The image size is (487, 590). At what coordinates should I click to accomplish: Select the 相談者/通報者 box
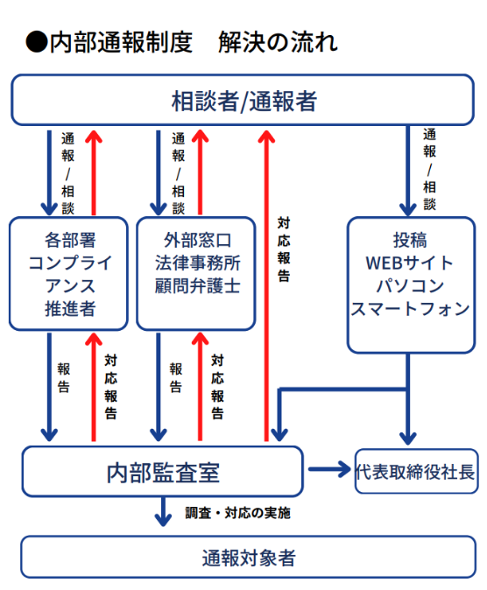(x=243, y=101)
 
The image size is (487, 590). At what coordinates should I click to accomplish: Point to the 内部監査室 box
(x=162, y=472)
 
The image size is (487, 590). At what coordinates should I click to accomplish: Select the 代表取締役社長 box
(x=416, y=472)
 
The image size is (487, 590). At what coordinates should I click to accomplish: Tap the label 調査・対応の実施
(x=237, y=513)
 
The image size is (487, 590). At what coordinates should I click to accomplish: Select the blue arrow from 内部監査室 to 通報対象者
(x=162, y=511)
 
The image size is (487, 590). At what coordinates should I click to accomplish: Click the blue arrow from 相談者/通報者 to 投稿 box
(x=408, y=171)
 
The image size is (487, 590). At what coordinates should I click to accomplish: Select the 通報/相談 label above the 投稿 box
(x=429, y=171)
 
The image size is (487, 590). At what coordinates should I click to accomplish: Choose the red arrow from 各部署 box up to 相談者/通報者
(x=94, y=171)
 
